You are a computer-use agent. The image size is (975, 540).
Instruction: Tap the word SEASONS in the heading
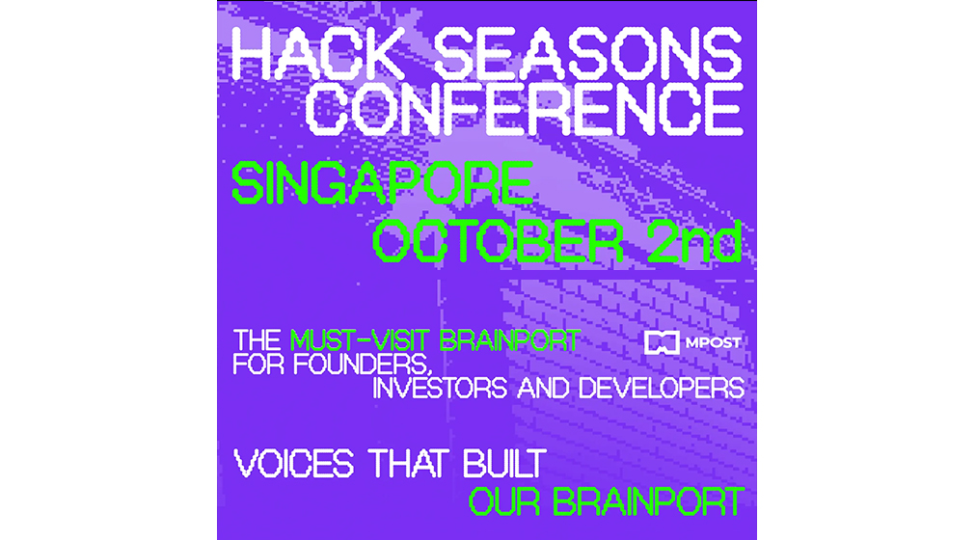click(588, 53)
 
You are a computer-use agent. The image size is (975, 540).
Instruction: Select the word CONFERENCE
click(524, 109)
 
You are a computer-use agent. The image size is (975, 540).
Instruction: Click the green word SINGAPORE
click(383, 182)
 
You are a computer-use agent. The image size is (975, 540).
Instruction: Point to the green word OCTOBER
click(498, 240)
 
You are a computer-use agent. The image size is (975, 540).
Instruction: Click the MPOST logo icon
click(661, 342)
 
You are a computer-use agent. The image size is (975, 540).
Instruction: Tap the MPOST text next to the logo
click(713, 342)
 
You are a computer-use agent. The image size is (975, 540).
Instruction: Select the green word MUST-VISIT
click(360, 340)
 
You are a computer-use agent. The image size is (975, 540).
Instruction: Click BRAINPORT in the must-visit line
click(510, 340)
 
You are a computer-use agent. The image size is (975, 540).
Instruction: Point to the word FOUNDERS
click(362, 364)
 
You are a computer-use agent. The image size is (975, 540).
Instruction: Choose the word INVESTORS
click(440, 389)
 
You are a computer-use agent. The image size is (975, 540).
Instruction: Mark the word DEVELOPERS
click(661, 389)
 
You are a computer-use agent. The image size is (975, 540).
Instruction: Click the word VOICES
click(293, 464)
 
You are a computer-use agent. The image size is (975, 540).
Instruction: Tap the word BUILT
click(505, 464)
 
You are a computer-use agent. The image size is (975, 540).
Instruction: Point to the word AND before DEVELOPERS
click(543, 389)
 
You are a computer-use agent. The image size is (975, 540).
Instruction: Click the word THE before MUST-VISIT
click(257, 340)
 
